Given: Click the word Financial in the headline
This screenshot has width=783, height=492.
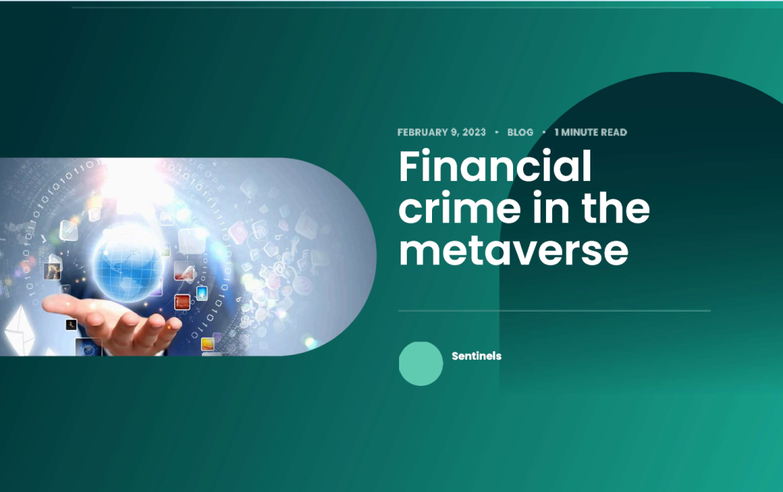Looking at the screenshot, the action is pyautogui.click(x=495, y=166).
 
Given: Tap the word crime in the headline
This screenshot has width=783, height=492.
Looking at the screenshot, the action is pyautogui.click(x=460, y=208).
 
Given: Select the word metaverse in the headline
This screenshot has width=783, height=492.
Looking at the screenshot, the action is pyautogui.click(x=513, y=251).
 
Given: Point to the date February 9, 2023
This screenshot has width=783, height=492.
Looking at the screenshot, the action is pyautogui.click(x=441, y=132).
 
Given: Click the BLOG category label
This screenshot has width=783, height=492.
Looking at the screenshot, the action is pyautogui.click(x=520, y=132).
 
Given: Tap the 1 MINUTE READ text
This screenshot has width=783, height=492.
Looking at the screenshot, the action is pyautogui.click(x=591, y=132).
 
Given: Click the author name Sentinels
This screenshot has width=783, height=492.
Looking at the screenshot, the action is pyautogui.click(x=476, y=356).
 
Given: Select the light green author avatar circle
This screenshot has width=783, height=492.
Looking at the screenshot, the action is pyautogui.click(x=421, y=363).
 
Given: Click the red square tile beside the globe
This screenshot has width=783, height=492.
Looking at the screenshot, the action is pyautogui.click(x=182, y=302).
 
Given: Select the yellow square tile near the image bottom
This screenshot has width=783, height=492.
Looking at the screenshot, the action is pyautogui.click(x=207, y=344).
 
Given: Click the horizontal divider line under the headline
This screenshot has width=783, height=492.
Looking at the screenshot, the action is pyautogui.click(x=554, y=311).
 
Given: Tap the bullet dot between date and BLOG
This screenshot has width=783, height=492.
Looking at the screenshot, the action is pyautogui.click(x=496, y=132).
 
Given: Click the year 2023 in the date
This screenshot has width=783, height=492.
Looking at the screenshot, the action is pyautogui.click(x=474, y=132).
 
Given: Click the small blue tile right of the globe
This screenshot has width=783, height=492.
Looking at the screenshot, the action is pyautogui.click(x=202, y=293).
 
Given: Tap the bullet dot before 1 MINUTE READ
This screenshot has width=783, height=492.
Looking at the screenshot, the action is pyautogui.click(x=544, y=132).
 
